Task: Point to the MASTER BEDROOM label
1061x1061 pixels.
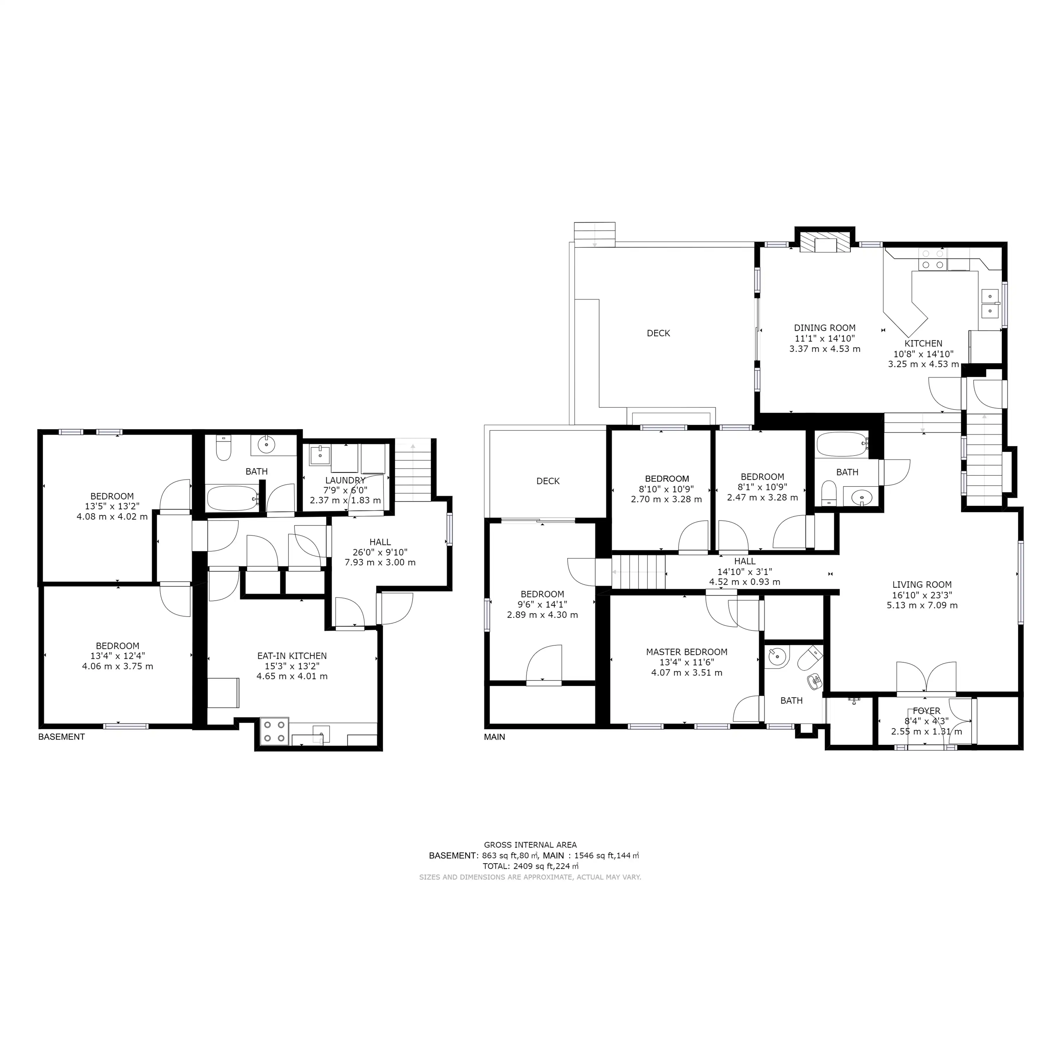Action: click(686, 652)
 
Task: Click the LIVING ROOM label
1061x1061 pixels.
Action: click(922, 585)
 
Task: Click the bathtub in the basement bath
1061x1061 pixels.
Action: click(233, 498)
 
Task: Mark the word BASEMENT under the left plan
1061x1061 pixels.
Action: click(62, 737)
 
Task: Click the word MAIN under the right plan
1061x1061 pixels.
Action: click(494, 737)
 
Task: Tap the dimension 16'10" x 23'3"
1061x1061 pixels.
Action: click(922, 595)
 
